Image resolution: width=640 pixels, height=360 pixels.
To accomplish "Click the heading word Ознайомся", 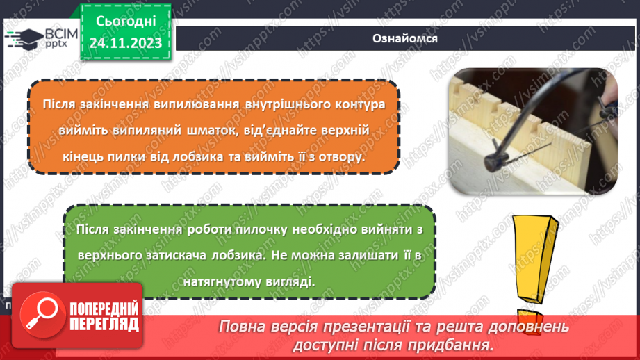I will pos(404,38).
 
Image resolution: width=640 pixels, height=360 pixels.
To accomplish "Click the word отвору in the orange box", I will pos(341,157).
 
